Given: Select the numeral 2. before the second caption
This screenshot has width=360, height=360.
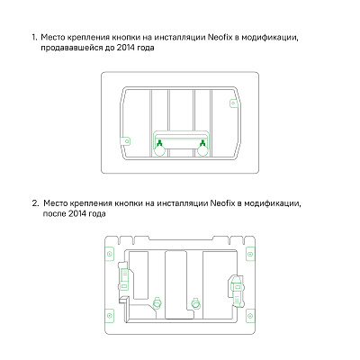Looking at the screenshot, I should point(34,203).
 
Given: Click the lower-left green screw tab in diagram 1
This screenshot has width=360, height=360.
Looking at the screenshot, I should point(127,142).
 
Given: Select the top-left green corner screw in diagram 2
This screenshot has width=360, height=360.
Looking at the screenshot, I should point(111,256).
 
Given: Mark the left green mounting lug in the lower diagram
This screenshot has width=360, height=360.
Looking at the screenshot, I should point(158,301).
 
